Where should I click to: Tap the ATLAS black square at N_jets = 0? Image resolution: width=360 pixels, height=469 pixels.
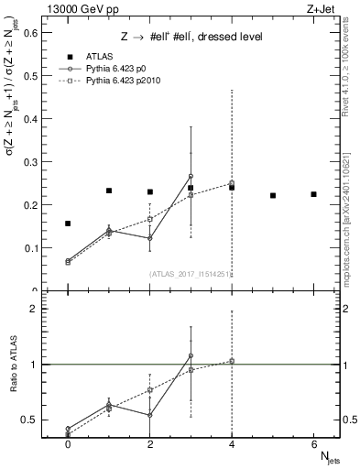68,224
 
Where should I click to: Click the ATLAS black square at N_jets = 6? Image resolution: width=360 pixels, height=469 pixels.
313,194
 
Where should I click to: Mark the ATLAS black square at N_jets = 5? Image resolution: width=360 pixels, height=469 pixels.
273,195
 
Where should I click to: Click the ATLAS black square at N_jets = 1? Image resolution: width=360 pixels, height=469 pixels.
109,191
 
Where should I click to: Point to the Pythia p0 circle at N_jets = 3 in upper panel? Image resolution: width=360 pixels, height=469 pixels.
191,176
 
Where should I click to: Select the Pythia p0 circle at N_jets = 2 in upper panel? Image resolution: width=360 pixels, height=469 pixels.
149,238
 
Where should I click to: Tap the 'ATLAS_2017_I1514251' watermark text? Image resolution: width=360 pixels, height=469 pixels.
190,274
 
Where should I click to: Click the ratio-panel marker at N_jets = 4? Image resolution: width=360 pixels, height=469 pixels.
232,361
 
